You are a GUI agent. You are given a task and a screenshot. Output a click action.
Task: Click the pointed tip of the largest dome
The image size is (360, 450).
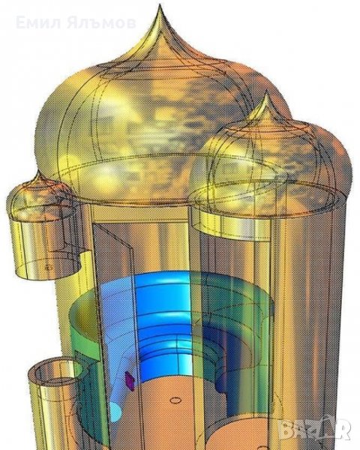pos(160,5)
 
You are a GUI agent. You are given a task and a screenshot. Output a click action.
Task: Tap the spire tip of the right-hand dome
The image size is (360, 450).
pos(266,91)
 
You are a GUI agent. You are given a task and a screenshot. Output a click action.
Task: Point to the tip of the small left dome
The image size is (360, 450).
pos(38,171)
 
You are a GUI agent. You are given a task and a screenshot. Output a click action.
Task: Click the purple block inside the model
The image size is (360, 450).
pos(129,381)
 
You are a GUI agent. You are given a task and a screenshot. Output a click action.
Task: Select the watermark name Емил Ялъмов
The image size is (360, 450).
pos(76,23)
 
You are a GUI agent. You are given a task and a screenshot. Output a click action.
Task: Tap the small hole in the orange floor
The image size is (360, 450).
pos(175,400)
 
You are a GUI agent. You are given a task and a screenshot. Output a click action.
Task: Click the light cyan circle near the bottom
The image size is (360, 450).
pos(115,412)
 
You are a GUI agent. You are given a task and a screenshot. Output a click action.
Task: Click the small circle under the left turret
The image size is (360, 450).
pos(49,268)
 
